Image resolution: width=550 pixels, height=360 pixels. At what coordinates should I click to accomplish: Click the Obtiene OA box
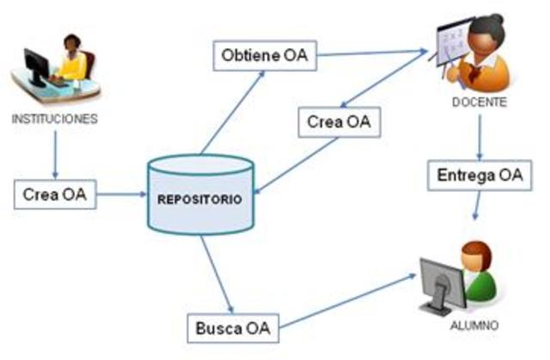[x=264, y=58]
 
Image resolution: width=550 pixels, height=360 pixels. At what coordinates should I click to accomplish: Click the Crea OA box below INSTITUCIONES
[x=54, y=194]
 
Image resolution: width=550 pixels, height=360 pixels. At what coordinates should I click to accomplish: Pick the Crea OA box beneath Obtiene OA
[x=339, y=122]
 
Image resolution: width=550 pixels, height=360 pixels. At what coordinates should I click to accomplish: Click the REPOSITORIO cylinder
[x=199, y=195]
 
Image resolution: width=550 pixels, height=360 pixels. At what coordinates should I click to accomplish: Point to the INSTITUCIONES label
[x=54, y=119]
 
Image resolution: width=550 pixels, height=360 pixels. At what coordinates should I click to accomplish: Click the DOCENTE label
[x=479, y=101]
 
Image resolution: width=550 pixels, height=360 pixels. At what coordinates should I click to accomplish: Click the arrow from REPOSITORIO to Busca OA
[x=216, y=274]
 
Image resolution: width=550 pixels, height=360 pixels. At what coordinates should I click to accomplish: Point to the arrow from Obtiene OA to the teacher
[x=370, y=55]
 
